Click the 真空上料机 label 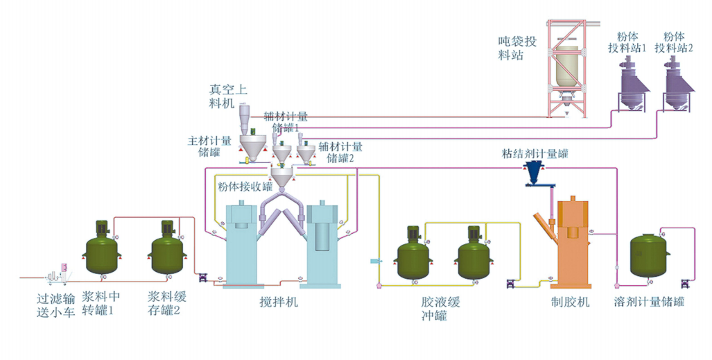click(x=228, y=95)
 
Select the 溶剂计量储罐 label click(x=649, y=302)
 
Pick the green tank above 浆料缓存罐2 click(x=167, y=250)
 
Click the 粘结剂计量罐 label click(x=535, y=153)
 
